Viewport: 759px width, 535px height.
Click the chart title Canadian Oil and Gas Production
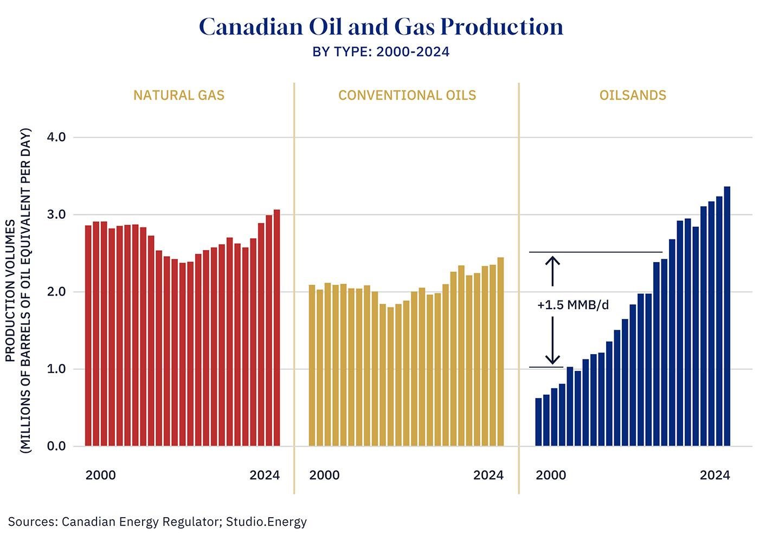tap(381, 27)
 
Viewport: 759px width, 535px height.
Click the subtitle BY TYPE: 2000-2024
tap(381, 52)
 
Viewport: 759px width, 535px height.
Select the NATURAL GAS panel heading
tap(179, 95)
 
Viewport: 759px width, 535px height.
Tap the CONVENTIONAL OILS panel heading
tap(407, 95)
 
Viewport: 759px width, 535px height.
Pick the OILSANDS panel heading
tap(633, 95)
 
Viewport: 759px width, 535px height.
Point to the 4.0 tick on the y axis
tap(56, 138)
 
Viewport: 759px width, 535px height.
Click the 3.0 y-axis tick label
tap(56, 215)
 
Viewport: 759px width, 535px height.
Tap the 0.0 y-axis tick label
tap(56, 447)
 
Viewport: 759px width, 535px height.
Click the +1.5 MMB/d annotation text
tap(573, 305)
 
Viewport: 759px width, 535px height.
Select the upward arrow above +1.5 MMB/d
tap(552, 271)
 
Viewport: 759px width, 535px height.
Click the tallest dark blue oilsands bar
tap(727, 316)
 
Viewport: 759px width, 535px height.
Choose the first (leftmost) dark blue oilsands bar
tap(538, 422)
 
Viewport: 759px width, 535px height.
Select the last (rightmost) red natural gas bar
tap(276, 328)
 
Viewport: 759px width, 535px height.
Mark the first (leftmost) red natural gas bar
tap(88, 336)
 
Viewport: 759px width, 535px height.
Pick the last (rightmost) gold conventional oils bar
tap(500, 352)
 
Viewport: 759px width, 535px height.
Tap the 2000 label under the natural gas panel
tap(101, 475)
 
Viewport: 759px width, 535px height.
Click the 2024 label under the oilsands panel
tap(715, 475)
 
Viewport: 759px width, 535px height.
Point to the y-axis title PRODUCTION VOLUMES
tap(10, 291)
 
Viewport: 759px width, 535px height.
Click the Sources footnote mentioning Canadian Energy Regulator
tap(157, 522)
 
